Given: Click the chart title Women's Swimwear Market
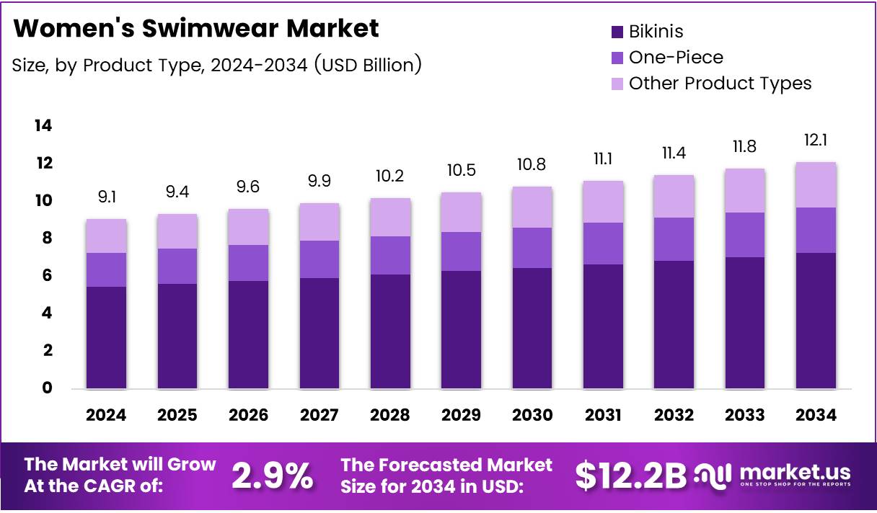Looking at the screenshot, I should [x=195, y=29].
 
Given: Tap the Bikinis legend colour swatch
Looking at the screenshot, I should [x=617, y=32].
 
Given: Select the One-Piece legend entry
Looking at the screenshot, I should [x=675, y=58].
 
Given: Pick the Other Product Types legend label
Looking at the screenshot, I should [x=720, y=84].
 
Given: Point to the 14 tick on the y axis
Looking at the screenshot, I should [x=43, y=126].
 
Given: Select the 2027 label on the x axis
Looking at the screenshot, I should [x=319, y=415].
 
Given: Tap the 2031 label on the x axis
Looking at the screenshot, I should [x=604, y=415].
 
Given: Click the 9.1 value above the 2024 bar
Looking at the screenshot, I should [x=106, y=195].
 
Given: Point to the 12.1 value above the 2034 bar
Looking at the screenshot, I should [x=816, y=140].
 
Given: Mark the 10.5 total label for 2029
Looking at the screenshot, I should [x=461, y=170].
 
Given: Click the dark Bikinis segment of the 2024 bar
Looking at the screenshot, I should [x=106, y=338].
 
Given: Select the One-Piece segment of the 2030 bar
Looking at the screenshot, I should [x=532, y=248].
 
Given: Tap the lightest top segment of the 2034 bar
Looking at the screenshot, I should [x=816, y=184].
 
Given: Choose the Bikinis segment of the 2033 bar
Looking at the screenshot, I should [x=745, y=323].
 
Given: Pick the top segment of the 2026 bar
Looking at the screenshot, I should [x=248, y=227].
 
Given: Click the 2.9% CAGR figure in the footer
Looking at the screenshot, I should [x=272, y=475].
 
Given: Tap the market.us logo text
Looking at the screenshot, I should [x=795, y=473].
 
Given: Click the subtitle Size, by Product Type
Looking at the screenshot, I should [x=216, y=65].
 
